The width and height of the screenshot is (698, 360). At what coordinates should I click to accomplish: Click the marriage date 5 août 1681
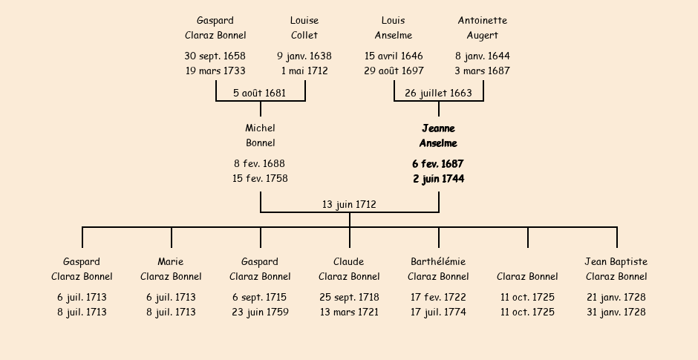[x=260, y=93]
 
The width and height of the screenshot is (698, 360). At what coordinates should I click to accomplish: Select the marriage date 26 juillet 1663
[x=438, y=93]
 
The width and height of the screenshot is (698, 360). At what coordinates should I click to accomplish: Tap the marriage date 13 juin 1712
[x=349, y=204]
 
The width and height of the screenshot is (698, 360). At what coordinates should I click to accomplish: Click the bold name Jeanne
[x=438, y=128]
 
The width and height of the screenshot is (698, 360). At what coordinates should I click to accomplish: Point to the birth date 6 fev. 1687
[x=438, y=164]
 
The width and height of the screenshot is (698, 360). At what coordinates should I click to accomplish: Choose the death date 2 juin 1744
[x=438, y=178]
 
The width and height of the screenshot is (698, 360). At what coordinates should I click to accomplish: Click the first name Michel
[x=260, y=128]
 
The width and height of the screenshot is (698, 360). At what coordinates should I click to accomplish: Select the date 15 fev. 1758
[x=260, y=178]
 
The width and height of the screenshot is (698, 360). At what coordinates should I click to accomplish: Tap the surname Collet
[x=304, y=35]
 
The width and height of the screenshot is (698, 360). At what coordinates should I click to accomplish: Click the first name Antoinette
[x=483, y=21]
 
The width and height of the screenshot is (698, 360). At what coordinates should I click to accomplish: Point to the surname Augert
[x=483, y=35]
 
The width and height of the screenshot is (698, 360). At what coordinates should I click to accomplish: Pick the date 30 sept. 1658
[x=215, y=56]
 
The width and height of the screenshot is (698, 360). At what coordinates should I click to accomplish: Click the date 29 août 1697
[x=394, y=71]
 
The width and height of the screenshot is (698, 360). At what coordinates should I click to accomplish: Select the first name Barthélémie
[x=438, y=262]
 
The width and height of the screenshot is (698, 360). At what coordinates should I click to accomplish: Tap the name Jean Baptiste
[x=616, y=262]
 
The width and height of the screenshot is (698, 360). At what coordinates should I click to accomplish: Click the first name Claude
[x=349, y=262]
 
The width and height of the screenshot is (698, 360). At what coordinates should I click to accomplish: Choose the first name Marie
[x=171, y=262]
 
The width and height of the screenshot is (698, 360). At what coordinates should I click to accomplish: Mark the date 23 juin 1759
[x=260, y=312]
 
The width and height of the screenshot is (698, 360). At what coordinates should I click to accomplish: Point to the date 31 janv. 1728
[x=616, y=312]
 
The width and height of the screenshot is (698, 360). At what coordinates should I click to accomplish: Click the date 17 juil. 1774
[x=438, y=312]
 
